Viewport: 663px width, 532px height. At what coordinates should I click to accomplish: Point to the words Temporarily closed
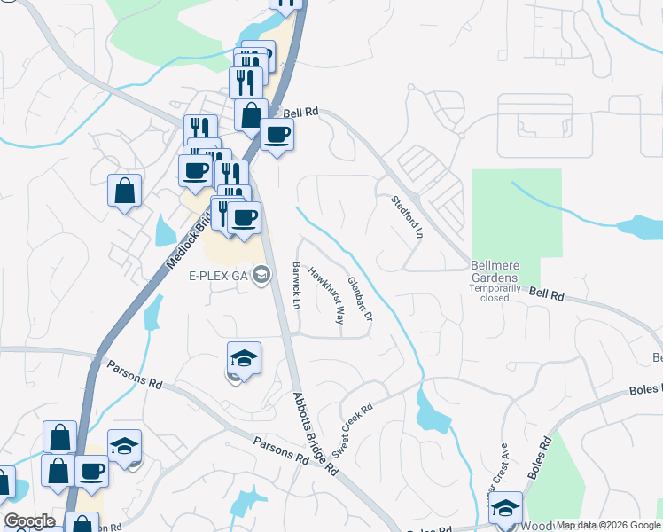pyautogui.click(x=495, y=293)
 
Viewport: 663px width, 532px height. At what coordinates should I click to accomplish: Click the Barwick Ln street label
pyautogui.click(x=297, y=284)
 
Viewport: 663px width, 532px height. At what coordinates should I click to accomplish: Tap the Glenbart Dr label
pyautogui.click(x=359, y=298)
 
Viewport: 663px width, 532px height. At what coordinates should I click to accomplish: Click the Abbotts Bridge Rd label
pyautogui.click(x=316, y=434)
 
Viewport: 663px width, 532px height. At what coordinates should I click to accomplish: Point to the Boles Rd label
pyautogui.click(x=541, y=458)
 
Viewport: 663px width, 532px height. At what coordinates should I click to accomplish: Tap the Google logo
pyautogui.click(x=29, y=521)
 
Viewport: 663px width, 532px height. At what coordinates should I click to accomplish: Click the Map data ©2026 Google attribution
pyautogui.click(x=608, y=525)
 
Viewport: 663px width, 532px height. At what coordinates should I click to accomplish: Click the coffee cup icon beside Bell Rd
pyautogui.click(x=277, y=135)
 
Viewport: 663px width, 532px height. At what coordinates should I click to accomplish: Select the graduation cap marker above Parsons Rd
pyautogui.click(x=244, y=358)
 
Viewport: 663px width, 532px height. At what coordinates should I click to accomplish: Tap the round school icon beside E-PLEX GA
pyautogui.click(x=261, y=275)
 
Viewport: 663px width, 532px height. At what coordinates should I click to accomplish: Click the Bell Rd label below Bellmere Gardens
pyautogui.click(x=547, y=293)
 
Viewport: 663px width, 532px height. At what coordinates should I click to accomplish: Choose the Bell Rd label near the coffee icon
pyautogui.click(x=300, y=113)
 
